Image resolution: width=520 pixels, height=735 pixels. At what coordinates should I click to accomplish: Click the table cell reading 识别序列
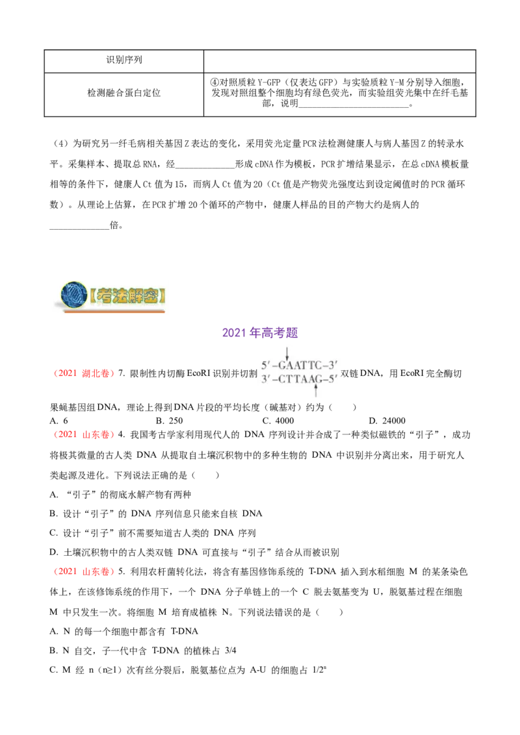124,61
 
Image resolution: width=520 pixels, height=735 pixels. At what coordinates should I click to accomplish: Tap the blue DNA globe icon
74,295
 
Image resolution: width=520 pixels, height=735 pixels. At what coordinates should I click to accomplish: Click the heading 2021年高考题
260,333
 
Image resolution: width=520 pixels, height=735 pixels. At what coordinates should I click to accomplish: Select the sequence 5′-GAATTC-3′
300,366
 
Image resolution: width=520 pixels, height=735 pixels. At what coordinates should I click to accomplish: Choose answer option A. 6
58,421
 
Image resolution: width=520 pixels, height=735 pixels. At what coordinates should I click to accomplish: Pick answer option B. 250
170,421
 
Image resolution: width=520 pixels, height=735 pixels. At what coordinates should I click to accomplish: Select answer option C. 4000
278,421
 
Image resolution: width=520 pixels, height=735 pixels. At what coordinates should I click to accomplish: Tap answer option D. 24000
387,421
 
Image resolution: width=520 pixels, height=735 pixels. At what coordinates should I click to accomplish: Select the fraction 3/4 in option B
231,651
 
